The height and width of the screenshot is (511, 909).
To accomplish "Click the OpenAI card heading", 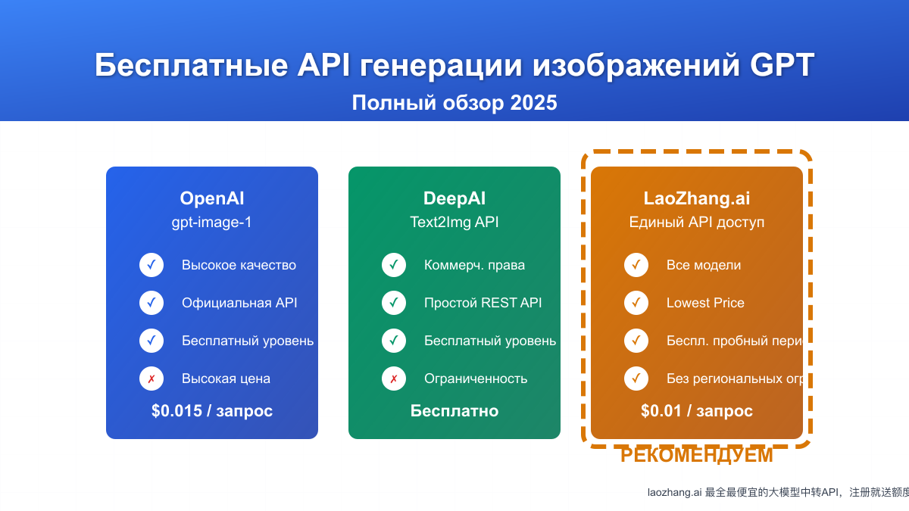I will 212,198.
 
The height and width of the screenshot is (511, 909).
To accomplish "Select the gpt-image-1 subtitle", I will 212,223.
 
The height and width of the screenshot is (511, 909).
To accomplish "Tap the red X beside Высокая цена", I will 151,379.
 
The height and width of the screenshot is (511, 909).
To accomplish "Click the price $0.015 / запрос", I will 212,411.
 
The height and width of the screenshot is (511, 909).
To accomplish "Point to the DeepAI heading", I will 454,198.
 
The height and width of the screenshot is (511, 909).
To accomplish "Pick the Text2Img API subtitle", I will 454,223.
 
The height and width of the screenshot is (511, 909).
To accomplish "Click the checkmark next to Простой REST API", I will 394,303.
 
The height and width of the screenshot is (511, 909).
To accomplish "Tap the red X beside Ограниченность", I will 394,379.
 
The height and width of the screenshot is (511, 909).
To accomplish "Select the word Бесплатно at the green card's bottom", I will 454,411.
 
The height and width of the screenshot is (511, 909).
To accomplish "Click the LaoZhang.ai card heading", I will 697,198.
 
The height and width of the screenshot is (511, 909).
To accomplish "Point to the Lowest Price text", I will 705,303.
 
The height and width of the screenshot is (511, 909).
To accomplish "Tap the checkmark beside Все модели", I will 636,265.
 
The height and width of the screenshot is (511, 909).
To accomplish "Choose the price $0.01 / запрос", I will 697,411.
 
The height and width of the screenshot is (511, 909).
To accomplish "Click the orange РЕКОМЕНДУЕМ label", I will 697,456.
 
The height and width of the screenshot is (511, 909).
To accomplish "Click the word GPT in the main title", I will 782,66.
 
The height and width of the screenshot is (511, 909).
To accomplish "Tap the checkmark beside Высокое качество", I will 151,265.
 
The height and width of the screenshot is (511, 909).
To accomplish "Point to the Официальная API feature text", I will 239,303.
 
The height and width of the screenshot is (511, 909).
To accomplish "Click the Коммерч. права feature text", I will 474,265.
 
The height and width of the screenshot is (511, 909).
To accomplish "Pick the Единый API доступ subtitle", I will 697,223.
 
